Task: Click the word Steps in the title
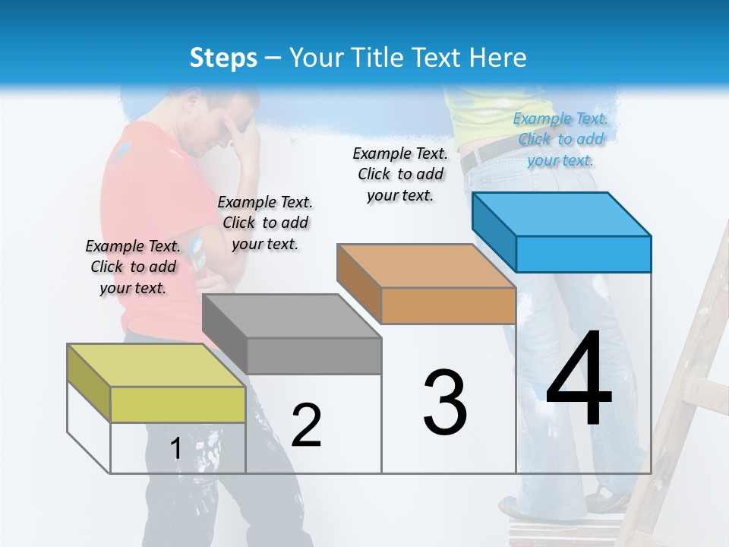[222, 58]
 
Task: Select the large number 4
[579, 381]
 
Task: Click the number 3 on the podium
[445, 403]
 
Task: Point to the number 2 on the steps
[306, 425]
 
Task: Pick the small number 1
[175, 448]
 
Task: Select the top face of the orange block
[426, 266]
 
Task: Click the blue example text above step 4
[560, 139]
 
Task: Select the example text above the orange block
[400, 174]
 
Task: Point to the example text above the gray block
[265, 223]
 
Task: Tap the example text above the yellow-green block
[133, 267]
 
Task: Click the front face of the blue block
[583, 254]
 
